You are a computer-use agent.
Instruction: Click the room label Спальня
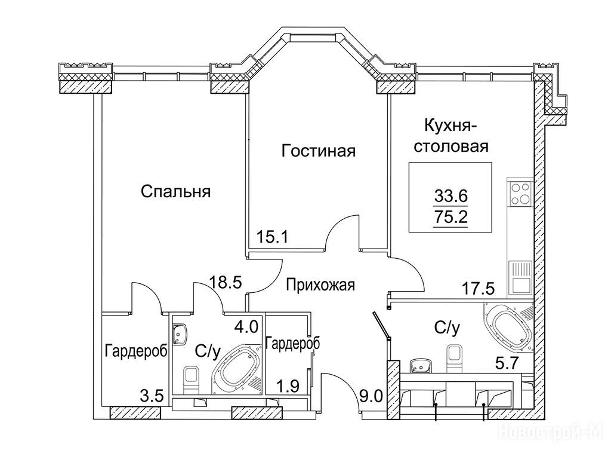tap(176, 192)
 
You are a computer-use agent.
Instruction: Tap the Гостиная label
tap(319, 151)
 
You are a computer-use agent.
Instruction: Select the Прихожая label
tap(320, 285)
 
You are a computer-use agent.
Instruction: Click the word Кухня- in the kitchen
tap(450, 127)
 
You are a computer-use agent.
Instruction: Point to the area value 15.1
tap(272, 236)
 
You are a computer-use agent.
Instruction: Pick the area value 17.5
tap(478, 289)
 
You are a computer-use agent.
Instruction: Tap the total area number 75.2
tap(450, 216)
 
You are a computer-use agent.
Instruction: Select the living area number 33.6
tap(450, 196)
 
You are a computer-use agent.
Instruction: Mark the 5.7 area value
tap(506, 364)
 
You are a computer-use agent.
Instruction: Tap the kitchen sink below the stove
tap(520, 277)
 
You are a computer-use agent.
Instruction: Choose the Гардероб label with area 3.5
tap(136, 351)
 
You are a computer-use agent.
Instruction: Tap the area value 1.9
tap(289, 387)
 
